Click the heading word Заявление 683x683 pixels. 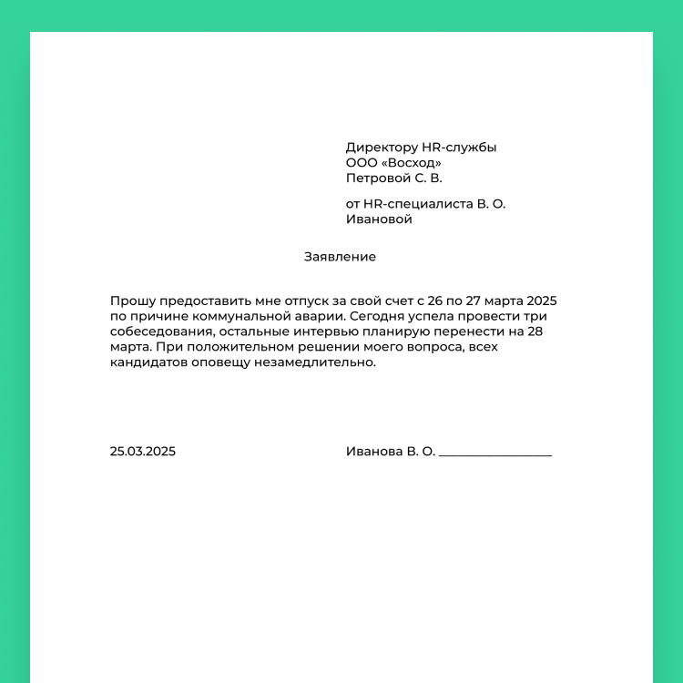(x=340, y=257)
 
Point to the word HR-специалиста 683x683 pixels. (x=418, y=204)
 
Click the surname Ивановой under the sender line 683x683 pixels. (x=379, y=219)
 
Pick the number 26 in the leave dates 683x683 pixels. (x=435, y=301)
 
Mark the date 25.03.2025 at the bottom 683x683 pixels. (x=143, y=451)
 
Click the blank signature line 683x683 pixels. (x=495, y=454)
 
